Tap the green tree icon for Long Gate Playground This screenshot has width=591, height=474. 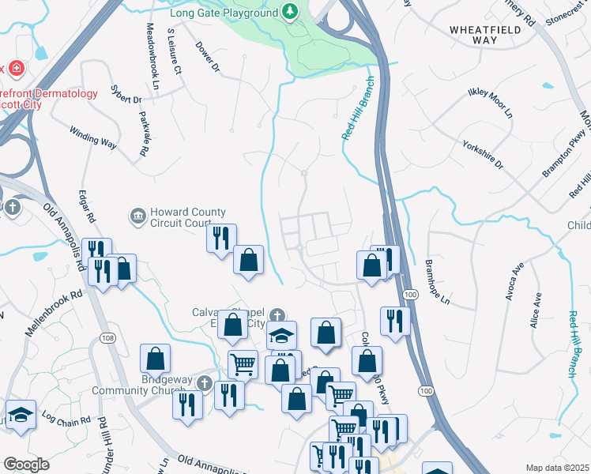pos(291,13)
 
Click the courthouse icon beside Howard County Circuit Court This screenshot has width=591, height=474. pos(138,215)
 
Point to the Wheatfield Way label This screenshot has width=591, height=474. pos(484,34)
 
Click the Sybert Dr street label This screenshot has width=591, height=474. pos(126,100)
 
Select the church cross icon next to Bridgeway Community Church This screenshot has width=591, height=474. pos(205,383)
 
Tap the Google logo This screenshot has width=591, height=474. pos(26,465)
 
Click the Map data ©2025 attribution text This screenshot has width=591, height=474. pos(557,468)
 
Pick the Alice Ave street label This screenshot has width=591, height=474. pos(536,310)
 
